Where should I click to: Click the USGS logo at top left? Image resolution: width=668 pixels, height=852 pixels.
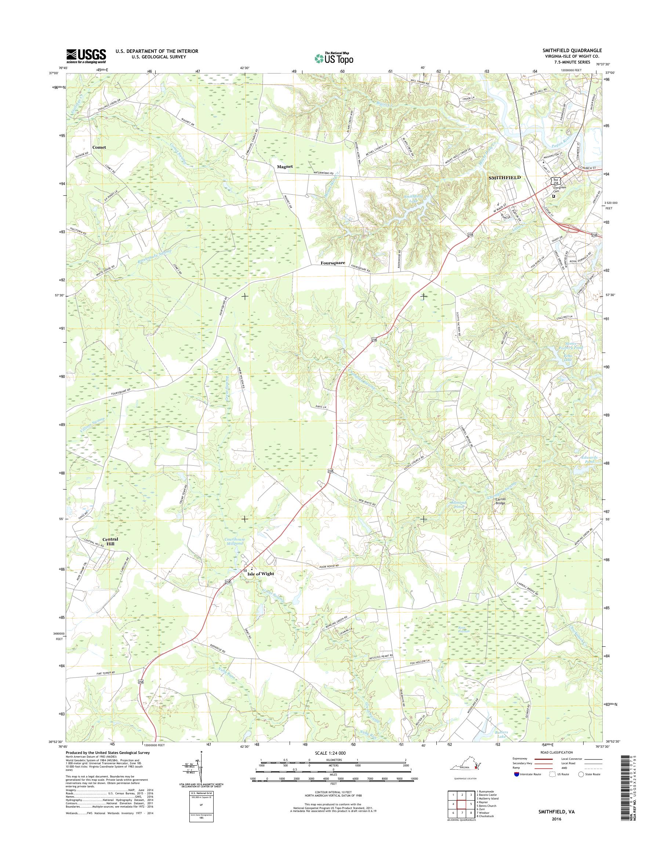click(x=86, y=56)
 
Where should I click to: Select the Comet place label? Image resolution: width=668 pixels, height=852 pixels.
click(x=99, y=147)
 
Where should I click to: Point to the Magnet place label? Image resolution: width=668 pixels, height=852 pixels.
click(x=285, y=166)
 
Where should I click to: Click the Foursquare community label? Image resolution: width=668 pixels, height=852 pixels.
click(x=333, y=263)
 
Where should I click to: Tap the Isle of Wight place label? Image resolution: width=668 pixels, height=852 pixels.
click(x=261, y=574)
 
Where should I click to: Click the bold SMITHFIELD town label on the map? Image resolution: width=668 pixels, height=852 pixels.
click(x=505, y=177)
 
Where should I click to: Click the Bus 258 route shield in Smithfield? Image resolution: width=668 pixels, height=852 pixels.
click(x=556, y=181)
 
